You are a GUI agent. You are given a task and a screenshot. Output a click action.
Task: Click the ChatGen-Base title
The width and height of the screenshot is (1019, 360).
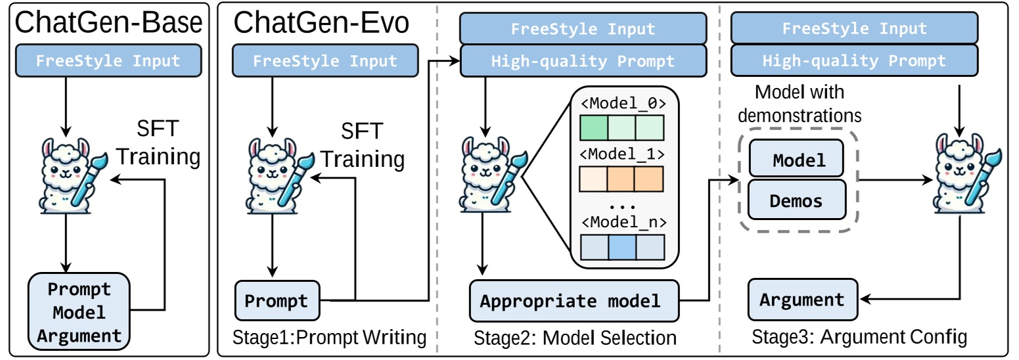[x=108, y=23]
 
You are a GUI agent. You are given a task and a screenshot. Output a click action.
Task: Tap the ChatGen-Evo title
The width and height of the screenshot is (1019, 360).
[x=321, y=23]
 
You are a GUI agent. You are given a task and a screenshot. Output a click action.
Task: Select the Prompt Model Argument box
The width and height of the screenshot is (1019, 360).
[x=79, y=312]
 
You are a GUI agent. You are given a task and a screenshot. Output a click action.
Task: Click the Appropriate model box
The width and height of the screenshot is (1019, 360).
[x=574, y=301]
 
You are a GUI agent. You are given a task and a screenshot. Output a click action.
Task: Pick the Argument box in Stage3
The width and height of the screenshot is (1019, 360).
[x=803, y=300]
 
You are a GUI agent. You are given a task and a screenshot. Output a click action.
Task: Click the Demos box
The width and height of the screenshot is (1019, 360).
[x=797, y=200]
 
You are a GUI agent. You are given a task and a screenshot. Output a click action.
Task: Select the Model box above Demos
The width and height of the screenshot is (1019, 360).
[x=796, y=158]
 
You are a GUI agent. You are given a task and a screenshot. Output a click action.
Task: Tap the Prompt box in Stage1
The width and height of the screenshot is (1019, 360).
[x=277, y=301]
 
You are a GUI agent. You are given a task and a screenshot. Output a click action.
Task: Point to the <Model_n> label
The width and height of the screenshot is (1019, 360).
[x=623, y=223]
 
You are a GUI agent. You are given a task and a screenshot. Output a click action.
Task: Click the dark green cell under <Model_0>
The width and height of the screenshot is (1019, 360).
[x=594, y=128]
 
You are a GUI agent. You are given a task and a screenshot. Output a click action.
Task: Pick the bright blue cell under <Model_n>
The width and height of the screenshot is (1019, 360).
[x=622, y=247]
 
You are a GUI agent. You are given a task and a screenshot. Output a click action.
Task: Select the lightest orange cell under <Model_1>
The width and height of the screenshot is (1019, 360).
[x=593, y=179]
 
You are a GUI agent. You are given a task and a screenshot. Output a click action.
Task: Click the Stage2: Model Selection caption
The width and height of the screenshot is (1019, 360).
[x=575, y=338]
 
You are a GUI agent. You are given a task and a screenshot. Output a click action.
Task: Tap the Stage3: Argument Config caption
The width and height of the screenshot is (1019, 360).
[x=859, y=337]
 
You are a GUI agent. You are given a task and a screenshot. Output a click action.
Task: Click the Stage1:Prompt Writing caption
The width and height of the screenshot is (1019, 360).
[x=329, y=337]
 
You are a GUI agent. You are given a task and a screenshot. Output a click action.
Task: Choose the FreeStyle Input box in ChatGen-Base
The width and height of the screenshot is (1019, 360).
[x=108, y=60]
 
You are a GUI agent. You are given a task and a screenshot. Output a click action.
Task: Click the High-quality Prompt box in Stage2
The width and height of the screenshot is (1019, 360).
[x=583, y=60]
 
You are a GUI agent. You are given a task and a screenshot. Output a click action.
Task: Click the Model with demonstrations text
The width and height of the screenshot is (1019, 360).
[x=800, y=104]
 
